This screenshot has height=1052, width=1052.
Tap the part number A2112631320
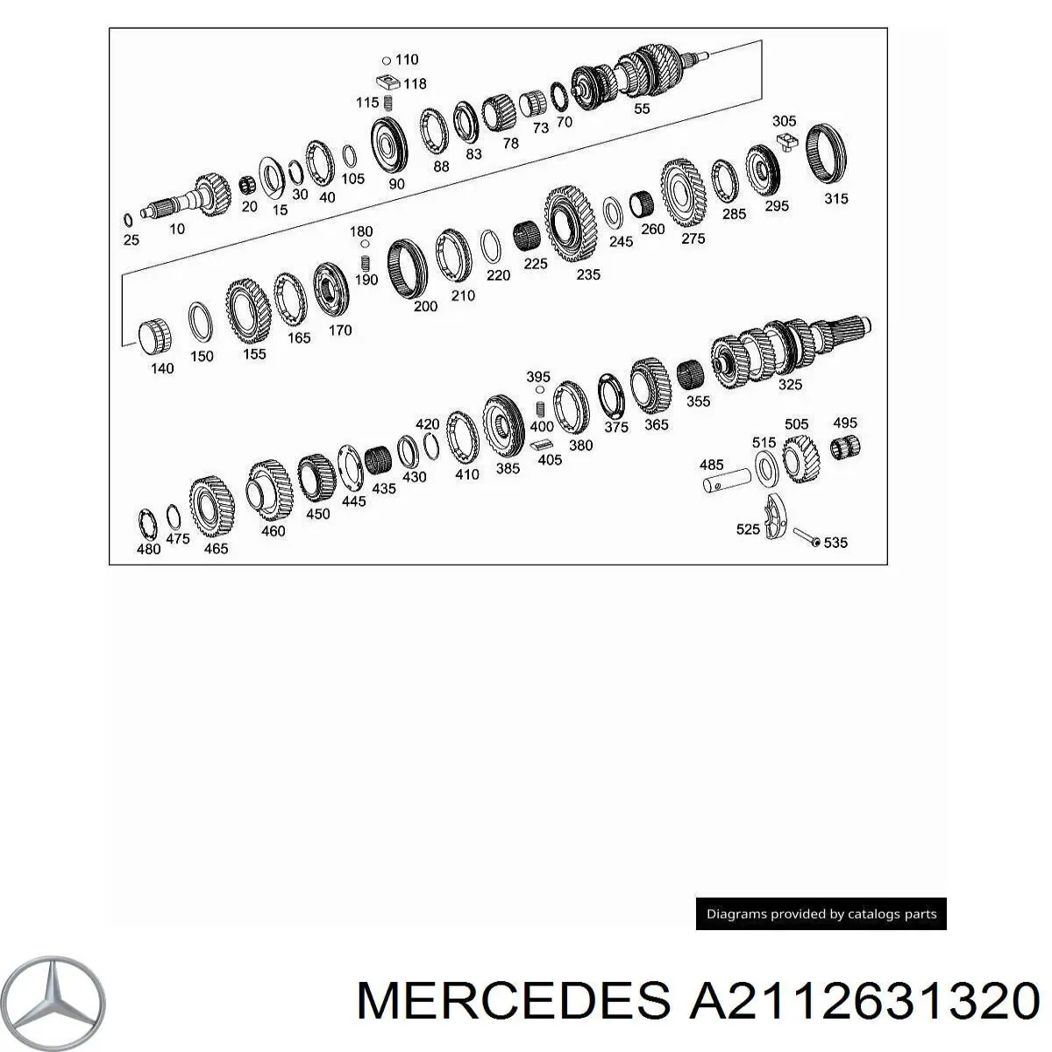pyautogui.click(x=864, y=1000)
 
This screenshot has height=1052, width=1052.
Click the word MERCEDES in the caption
pyautogui.click(x=513, y=1000)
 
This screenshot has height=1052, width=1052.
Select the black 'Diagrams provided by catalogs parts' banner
pyautogui.click(x=821, y=913)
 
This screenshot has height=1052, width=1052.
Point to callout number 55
pyautogui.click(x=642, y=108)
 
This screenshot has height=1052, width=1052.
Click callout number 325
pyautogui.click(x=790, y=384)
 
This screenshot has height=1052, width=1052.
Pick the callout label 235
pyautogui.click(x=588, y=274)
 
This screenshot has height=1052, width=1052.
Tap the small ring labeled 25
pyautogui.click(x=128, y=221)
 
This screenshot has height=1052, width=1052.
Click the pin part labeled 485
pyautogui.click(x=726, y=481)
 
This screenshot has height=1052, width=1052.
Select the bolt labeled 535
pyautogui.click(x=807, y=537)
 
